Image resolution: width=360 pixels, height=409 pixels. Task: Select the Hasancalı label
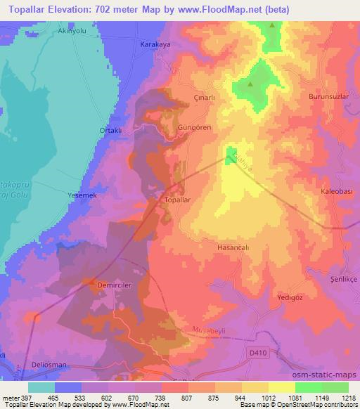tap(233, 247)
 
